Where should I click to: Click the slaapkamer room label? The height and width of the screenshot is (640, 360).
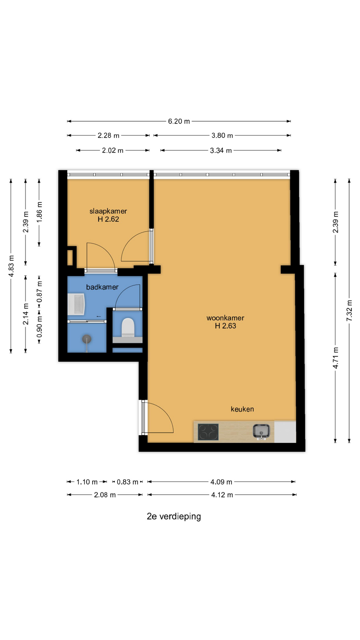(108, 211)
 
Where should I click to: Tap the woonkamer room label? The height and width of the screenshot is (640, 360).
(225, 318)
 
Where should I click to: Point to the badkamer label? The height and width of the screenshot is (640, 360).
(102, 287)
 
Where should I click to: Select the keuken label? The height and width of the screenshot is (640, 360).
(242, 409)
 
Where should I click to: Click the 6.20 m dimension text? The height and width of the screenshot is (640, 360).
(179, 121)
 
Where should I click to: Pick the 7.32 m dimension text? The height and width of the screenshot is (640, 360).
(349, 311)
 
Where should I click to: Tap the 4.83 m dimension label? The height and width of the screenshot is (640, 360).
(11, 266)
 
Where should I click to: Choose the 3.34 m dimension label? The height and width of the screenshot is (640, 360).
(221, 151)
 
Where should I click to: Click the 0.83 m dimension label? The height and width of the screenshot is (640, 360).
(127, 482)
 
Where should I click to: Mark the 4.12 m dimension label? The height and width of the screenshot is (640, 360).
(222, 495)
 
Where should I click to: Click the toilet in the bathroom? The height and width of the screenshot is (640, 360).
(128, 328)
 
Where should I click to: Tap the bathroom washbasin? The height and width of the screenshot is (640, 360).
(76, 304)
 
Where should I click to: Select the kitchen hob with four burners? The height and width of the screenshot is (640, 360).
(208, 432)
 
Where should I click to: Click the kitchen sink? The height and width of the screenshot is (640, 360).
(261, 432)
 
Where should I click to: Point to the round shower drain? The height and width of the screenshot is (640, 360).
(87, 339)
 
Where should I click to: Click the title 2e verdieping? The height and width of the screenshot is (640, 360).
(174, 516)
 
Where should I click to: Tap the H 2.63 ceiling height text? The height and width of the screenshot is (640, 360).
(225, 326)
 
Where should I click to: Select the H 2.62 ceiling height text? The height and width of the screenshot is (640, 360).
(108, 219)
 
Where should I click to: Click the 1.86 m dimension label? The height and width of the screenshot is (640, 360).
(39, 212)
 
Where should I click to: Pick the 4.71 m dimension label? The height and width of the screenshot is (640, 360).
(336, 358)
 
